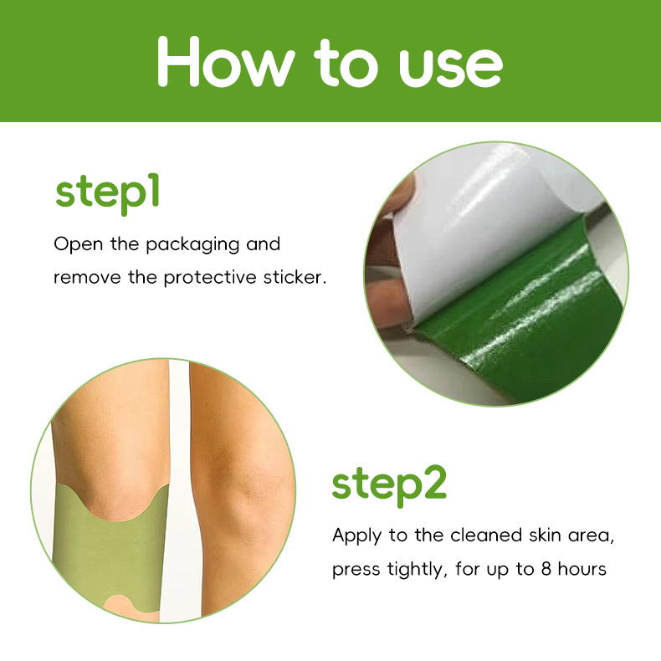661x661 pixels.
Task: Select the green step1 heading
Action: click(107, 192)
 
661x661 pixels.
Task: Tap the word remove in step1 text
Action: click(83, 277)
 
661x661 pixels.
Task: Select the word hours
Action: click(582, 570)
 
